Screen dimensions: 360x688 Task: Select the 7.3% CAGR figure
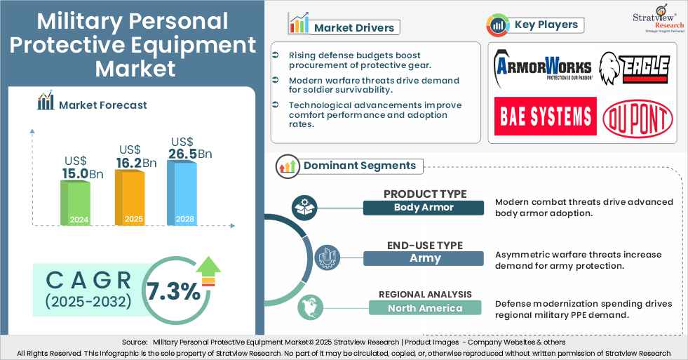tap(173, 290)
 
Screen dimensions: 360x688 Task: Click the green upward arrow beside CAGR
tap(209, 272)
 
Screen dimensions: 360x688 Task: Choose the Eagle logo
tap(634, 68)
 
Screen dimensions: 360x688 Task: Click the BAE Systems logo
tap(545, 116)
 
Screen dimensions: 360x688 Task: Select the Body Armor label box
tap(424, 208)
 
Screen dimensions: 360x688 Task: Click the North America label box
tap(425, 308)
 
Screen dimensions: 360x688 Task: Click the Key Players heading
tap(546, 25)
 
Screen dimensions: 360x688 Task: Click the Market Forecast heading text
tap(103, 105)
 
